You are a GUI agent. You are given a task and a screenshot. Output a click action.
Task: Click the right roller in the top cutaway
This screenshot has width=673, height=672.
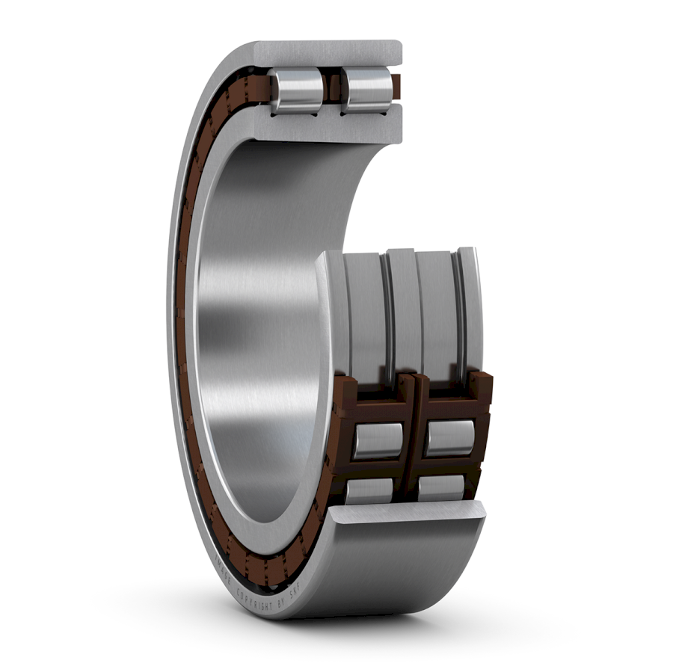[x=367, y=89]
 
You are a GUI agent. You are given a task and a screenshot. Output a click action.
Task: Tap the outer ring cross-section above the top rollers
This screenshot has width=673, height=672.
[x=329, y=53]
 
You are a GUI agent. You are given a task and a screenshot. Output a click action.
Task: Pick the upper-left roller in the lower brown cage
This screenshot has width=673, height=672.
[x=378, y=440]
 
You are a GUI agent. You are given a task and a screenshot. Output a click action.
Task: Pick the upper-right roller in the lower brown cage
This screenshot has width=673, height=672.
[x=449, y=437]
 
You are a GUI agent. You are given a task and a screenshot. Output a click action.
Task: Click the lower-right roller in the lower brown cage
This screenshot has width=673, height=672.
[x=441, y=487]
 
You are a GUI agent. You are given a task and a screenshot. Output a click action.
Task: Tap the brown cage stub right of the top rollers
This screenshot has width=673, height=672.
[x=396, y=86]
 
